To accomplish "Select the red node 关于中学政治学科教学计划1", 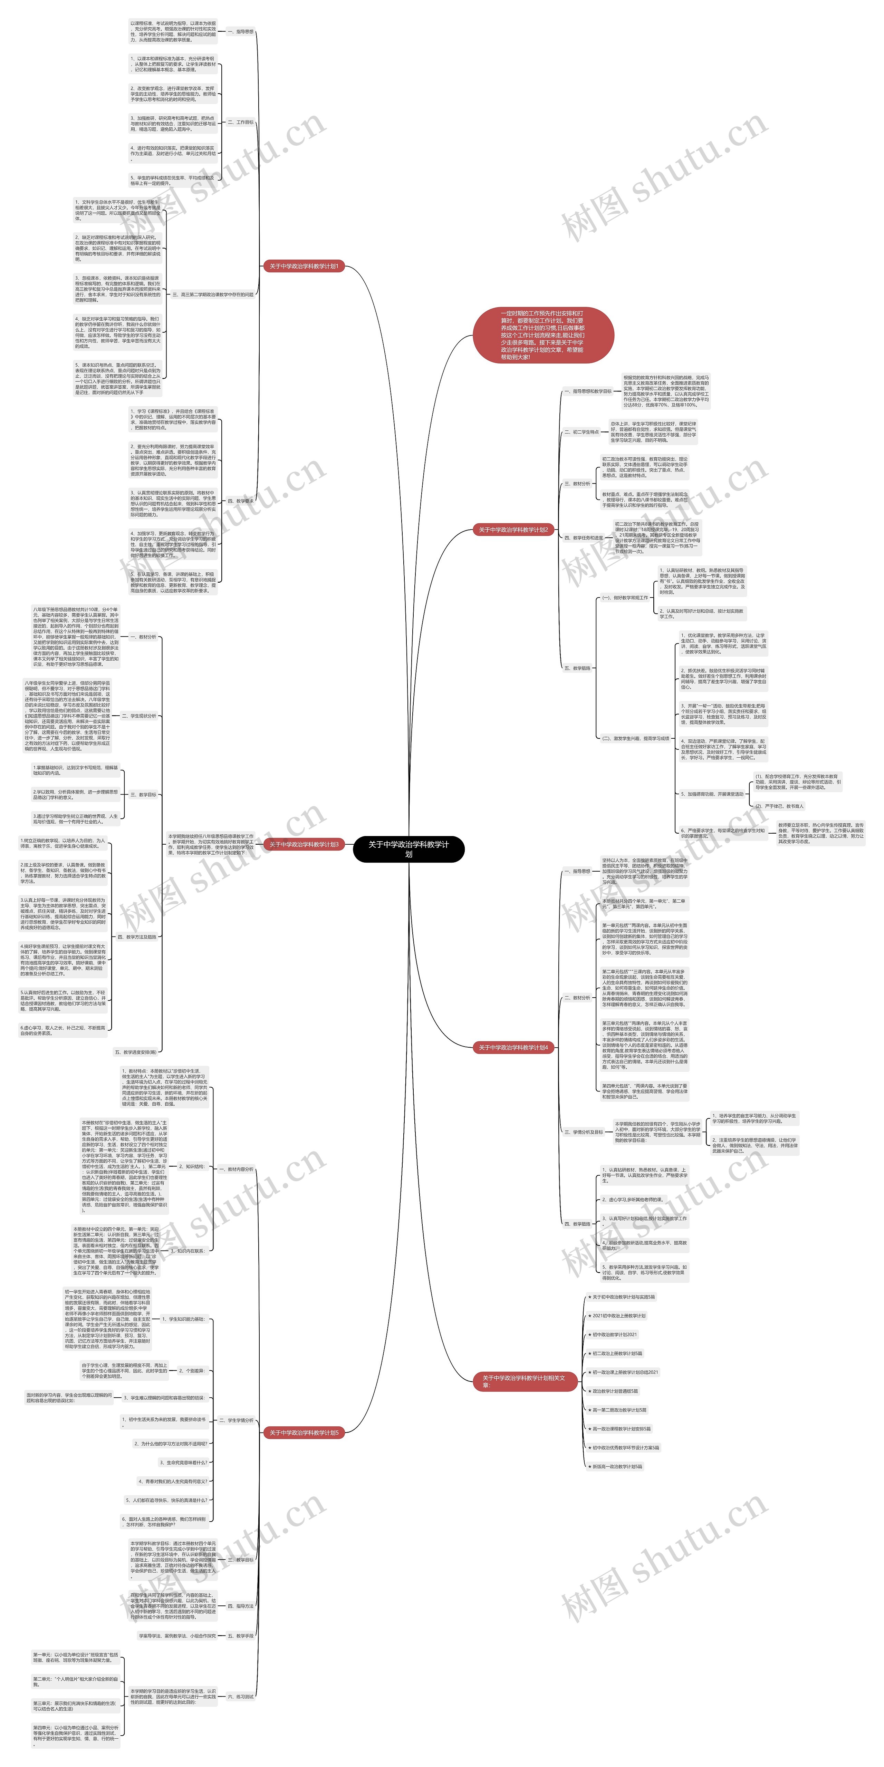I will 304,266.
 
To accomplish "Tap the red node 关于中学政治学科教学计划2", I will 513,530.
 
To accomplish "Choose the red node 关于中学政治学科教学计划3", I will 304,844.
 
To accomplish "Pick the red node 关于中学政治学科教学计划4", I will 513,1047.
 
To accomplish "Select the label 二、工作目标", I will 240,122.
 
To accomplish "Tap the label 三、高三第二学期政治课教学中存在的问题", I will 213,294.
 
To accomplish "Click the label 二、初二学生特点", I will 581,432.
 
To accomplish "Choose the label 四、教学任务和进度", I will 583,538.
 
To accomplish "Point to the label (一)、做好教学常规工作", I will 625,598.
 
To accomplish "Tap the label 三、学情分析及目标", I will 583,1132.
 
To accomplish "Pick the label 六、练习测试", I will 240,1696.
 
